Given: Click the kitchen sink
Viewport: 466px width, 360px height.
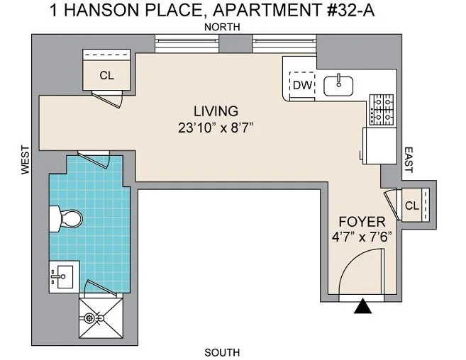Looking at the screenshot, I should coord(338,85).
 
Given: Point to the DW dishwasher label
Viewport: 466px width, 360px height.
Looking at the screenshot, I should coord(301,85).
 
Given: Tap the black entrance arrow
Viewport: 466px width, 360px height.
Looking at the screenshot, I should coord(364,306).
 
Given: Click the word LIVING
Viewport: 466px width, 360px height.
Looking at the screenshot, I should coord(216,111).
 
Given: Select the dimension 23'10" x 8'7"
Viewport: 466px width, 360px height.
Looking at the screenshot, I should coord(216,128).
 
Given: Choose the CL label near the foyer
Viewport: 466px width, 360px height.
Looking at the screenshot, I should coord(411,206).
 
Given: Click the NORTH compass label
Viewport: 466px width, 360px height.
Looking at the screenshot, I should coord(221,27).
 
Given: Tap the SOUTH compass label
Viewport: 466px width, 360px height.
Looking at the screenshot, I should coord(222,352).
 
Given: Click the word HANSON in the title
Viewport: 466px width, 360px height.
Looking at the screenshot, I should coord(116,10).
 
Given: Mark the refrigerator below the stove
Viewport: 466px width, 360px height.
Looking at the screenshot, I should coord(379,145).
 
